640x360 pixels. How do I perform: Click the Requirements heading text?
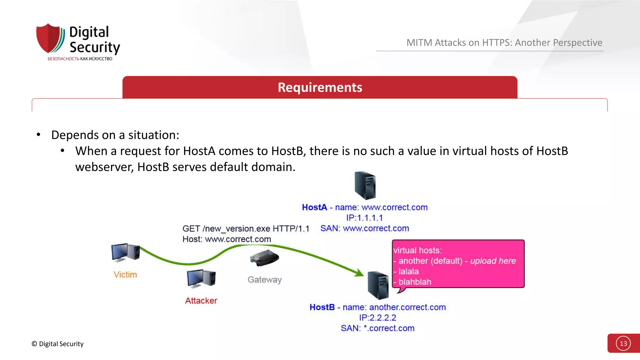click(320, 87)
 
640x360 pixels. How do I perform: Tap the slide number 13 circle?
click(623, 343)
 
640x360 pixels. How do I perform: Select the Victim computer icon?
click(125, 252)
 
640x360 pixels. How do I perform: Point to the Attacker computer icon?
click(201, 278)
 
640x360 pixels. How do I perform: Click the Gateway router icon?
click(264, 258)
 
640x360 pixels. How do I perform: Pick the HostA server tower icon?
click(365, 185)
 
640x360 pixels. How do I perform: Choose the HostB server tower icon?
click(378, 285)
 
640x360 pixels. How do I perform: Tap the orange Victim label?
click(125, 275)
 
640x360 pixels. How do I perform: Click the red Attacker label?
click(201, 301)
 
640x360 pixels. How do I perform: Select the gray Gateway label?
click(265, 280)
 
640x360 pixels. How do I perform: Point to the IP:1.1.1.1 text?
click(364, 218)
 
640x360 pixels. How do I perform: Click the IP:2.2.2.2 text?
click(377, 318)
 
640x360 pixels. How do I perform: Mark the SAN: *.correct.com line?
click(377, 328)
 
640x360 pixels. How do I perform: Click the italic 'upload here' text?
click(493, 261)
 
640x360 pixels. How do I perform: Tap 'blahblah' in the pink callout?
click(415, 282)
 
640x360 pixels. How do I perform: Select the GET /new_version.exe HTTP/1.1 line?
click(246, 229)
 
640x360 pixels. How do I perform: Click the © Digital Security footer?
click(58, 344)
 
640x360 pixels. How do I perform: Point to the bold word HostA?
click(314, 207)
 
